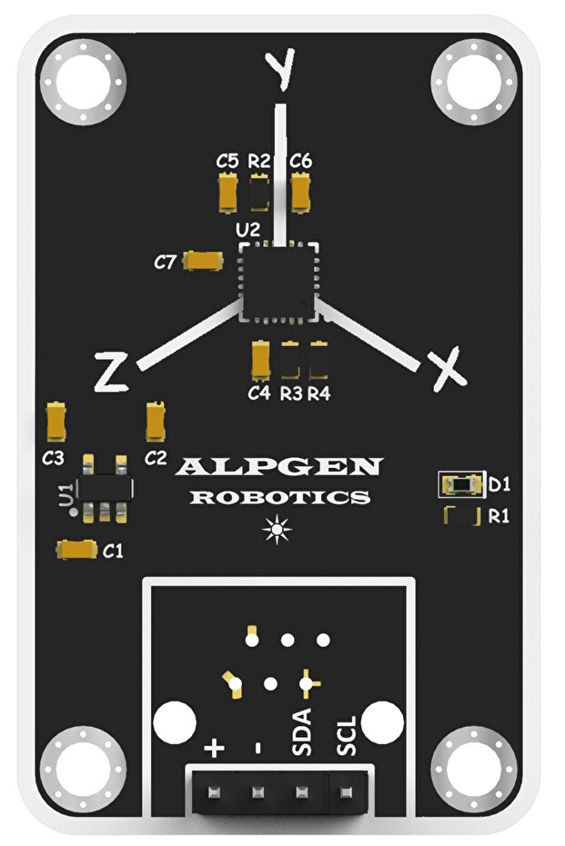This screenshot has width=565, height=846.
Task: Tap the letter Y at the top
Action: click(279, 68)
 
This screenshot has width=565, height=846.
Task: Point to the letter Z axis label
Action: click(111, 373)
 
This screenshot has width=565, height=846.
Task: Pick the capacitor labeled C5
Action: click(228, 192)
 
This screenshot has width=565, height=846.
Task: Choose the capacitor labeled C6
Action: click(301, 192)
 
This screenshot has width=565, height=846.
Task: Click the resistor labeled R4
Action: click(318, 361)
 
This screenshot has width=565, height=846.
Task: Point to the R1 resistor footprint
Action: click(461, 517)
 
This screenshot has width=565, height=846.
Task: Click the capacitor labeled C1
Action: click(77, 549)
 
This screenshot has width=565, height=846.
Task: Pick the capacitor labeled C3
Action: click(56, 421)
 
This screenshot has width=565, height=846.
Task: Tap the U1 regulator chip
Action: click(103, 489)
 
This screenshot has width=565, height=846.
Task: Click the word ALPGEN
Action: click(279, 467)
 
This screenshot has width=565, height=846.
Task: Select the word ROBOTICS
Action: click(279, 498)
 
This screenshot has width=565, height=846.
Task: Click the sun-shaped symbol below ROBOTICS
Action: click(277, 529)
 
